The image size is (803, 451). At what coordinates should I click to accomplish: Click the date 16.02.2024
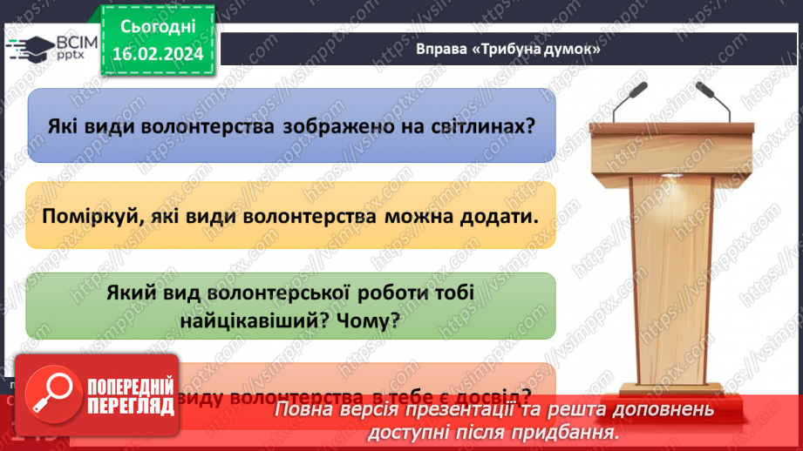point(157,54)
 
